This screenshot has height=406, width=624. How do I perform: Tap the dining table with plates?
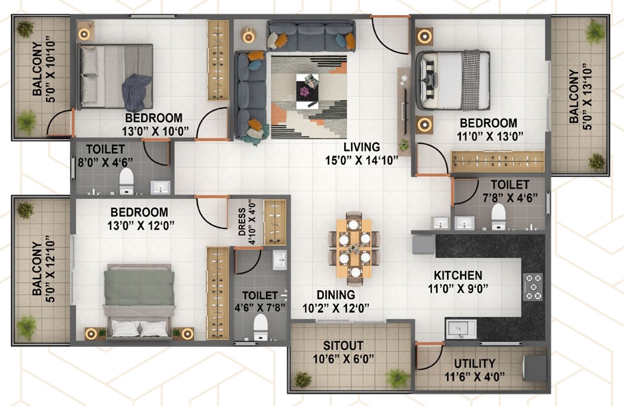click(x=354, y=248)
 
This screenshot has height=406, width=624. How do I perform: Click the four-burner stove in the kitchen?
click(x=533, y=287)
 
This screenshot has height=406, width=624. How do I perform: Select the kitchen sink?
click(x=460, y=330)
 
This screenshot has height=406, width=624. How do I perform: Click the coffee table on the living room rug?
click(x=308, y=90)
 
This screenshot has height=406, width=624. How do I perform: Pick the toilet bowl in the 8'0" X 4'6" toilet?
click(x=126, y=180)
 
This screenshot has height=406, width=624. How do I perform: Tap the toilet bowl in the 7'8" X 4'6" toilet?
click(x=499, y=216)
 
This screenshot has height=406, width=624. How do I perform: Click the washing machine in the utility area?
click(x=534, y=370)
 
